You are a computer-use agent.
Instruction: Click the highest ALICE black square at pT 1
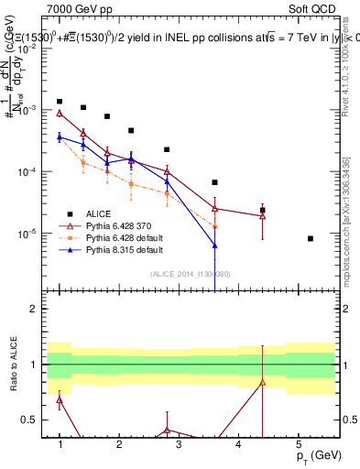coord(60,102)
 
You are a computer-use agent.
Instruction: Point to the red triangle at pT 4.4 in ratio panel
coord(262,382)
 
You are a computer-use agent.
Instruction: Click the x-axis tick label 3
coord(179,444)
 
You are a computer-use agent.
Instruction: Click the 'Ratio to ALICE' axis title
coord(11,364)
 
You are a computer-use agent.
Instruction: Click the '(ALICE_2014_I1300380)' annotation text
coord(190,273)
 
